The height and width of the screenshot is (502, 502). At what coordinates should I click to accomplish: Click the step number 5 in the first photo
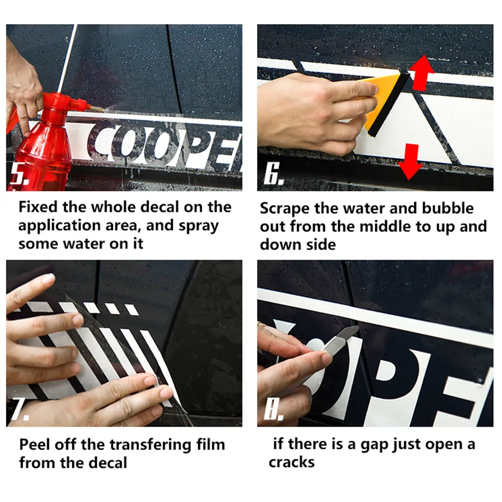click(19, 173)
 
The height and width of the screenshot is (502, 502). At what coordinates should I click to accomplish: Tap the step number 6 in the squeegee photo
click(273, 173)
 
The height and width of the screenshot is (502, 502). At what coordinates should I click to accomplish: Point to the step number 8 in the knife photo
click(274, 410)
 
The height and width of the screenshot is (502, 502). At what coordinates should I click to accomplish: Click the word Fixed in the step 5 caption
click(39, 207)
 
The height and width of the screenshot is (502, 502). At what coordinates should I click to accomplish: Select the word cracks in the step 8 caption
click(292, 463)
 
